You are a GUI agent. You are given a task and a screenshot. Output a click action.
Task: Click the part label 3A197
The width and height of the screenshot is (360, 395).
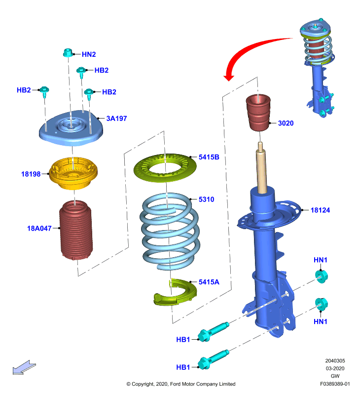[x=116, y=118]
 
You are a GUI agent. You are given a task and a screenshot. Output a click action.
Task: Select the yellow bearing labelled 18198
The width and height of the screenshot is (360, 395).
[x=73, y=173]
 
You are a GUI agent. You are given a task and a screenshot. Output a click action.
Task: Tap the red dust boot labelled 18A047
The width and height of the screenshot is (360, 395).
[x=76, y=230]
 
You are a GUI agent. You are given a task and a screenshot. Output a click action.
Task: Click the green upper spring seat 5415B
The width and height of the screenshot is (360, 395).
[x=165, y=167]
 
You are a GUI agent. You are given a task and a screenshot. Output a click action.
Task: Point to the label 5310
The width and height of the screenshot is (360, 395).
[x=206, y=199]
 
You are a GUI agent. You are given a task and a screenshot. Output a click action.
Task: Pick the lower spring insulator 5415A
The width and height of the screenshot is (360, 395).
[x=176, y=292]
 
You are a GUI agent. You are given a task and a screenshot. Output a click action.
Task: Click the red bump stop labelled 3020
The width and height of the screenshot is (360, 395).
[x=258, y=113]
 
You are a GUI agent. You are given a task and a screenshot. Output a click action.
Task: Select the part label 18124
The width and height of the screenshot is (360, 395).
[x=320, y=210]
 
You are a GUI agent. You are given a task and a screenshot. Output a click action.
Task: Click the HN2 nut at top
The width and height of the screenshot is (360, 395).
[x=68, y=53]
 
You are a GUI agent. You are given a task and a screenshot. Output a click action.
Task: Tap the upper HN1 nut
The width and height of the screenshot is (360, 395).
[x=322, y=276]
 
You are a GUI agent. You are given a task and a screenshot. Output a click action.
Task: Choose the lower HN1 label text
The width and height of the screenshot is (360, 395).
[x=320, y=321]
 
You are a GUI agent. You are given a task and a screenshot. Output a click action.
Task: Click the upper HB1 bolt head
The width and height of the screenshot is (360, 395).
[x=204, y=336]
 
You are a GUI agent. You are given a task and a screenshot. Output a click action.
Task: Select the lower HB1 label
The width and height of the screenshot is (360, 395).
[x=183, y=367]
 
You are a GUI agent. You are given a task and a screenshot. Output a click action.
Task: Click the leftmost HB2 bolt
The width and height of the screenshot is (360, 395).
[x=44, y=92]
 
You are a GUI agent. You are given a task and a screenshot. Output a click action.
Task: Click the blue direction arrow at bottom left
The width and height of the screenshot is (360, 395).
[x=24, y=367]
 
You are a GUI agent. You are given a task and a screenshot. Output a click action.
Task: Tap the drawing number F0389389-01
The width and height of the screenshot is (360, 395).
[x=335, y=384]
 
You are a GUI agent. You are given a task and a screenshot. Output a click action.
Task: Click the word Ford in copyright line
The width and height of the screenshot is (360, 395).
[x=176, y=384]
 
